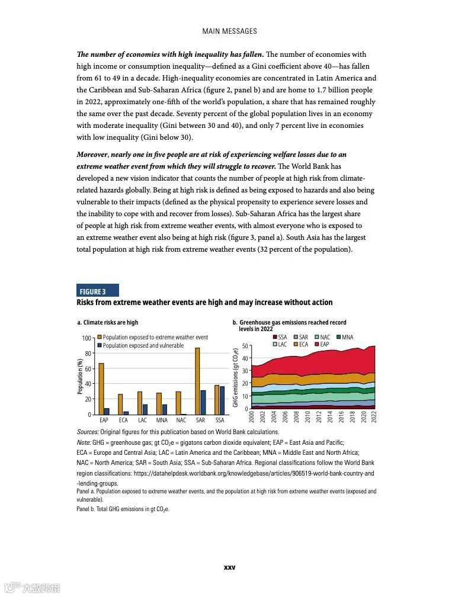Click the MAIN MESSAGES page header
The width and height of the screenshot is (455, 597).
point(229,31)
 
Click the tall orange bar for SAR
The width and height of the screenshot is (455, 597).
point(197,381)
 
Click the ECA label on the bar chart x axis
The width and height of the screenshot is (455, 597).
point(123,421)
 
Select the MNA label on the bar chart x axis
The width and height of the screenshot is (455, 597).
point(162,421)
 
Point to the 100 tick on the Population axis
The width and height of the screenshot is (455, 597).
point(86,338)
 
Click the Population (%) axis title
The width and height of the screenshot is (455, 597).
point(80,377)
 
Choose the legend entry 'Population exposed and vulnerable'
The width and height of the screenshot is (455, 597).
point(140,346)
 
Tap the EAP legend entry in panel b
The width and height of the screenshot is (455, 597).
point(321,344)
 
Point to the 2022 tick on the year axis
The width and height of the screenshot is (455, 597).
point(374,418)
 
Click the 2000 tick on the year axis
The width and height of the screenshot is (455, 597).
point(252,418)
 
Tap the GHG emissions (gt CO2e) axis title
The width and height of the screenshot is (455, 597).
point(236,377)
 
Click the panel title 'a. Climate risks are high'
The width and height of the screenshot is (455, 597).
point(108,323)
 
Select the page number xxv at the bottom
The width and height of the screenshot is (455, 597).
point(229,567)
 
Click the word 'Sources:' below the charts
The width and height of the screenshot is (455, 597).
point(88,432)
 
